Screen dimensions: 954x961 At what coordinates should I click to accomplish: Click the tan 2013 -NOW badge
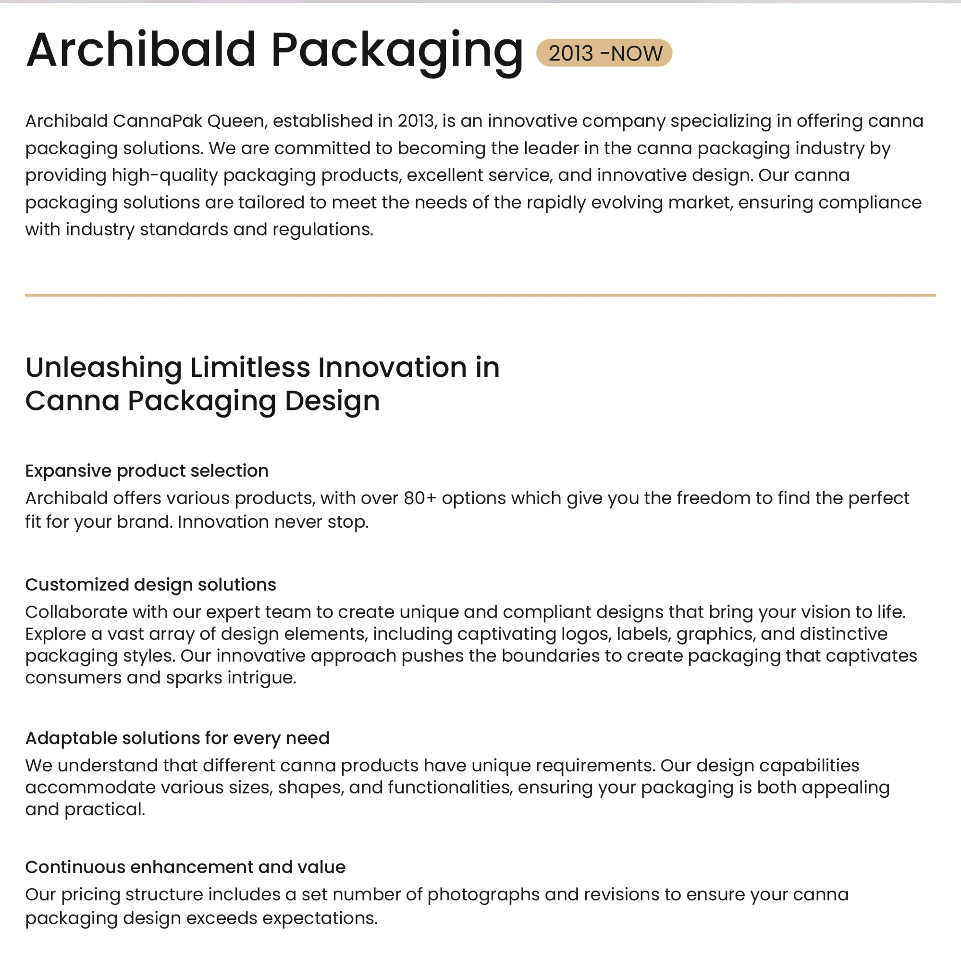point(604,53)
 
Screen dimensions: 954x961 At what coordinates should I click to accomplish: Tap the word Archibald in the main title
point(141,50)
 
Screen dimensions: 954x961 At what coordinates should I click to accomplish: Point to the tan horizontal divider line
point(480,295)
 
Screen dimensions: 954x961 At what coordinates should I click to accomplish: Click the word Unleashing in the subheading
point(103,368)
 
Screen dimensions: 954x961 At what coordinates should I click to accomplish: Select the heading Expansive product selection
point(147,471)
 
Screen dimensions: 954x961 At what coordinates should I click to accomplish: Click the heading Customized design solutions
point(150,584)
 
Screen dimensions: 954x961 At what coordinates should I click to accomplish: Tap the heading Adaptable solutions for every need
point(177,738)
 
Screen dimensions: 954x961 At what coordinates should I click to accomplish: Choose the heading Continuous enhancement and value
point(185,867)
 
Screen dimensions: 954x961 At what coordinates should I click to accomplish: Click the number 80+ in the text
point(419,498)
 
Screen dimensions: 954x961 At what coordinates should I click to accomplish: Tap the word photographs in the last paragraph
point(483,894)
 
